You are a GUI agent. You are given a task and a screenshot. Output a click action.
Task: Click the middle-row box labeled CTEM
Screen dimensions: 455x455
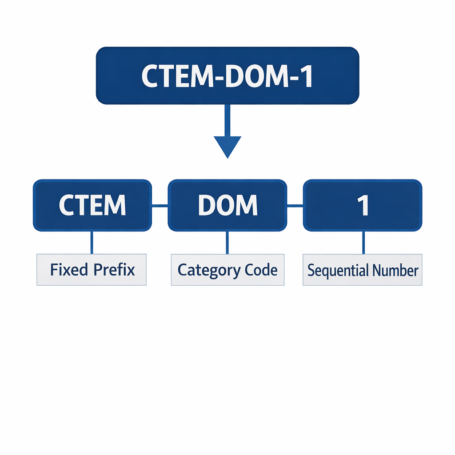[x=92, y=205]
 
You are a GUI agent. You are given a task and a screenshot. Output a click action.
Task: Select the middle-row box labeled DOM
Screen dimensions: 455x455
[x=227, y=205]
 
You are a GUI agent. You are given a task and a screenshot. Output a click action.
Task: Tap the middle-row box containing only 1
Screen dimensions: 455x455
[x=363, y=205]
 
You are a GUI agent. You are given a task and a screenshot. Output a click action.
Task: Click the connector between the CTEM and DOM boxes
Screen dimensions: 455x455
[x=160, y=206]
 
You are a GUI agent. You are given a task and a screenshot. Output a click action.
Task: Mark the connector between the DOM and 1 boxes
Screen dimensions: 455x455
[x=295, y=206]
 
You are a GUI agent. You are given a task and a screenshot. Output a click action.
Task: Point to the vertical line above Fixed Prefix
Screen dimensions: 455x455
[x=92, y=242]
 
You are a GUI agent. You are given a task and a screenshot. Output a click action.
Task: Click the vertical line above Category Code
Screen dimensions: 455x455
[x=227, y=242]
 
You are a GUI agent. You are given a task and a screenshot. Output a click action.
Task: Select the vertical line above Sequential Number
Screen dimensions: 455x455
[x=363, y=242]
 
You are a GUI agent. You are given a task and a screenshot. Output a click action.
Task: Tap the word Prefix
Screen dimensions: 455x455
[x=114, y=270]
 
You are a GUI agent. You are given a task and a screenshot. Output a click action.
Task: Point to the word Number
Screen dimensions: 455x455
[x=395, y=270]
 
